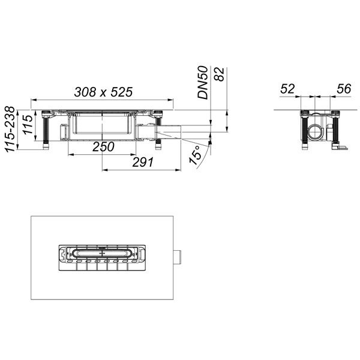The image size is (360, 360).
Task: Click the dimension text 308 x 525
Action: pos(103,92)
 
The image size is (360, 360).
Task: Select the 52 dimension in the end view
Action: pos(288,89)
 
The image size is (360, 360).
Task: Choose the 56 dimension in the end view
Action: pos(344,89)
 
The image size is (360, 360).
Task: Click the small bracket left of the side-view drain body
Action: pos(64,130)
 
